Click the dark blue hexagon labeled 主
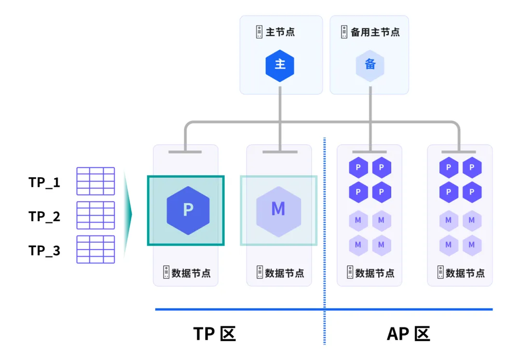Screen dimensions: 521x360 [x=280, y=66]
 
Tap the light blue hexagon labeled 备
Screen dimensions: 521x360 [x=370, y=66]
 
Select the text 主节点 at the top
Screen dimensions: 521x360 [x=280, y=32]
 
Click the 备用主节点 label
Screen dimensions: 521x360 [x=375, y=32]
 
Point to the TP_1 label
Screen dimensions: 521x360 [x=44, y=182]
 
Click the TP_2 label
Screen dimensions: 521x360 [x=44, y=216]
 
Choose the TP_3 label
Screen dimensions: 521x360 [x=44, y=250]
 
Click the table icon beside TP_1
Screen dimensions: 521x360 [x=96, y=181]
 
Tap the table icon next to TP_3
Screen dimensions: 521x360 [x=96, y=249]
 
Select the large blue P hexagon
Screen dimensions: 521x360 [x=188, y=210]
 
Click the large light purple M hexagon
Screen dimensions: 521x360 [x=278, y=211]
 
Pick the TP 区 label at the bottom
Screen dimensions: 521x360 [x=215, y=333]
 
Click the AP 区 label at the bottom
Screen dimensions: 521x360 [x=409, y=333]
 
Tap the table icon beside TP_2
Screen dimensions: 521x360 [x=96, y=215]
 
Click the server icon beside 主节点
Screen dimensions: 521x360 [x=259, y=32]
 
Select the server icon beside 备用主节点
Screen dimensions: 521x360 [x=344, y=32]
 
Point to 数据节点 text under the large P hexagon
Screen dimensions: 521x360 [x=191, y=273]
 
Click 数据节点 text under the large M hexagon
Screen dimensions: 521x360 [x=285, y=273]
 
